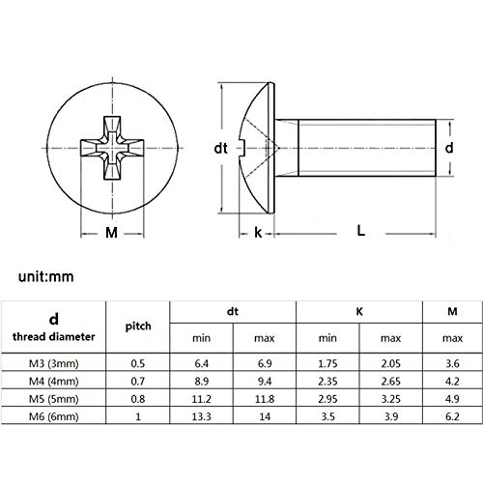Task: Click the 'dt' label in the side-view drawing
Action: click(221, 148)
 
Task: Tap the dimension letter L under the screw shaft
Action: click(361, 231)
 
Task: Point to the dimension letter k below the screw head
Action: click(258, 232)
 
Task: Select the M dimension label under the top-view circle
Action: click(111, 232)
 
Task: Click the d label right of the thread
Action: click(449, 148)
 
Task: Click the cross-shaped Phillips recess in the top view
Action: click(112, 148)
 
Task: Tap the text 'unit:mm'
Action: click(46, 277)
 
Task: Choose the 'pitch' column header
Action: click(138, 327)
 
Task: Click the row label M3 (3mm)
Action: click(54, 363)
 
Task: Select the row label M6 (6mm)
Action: click(54, 416)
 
